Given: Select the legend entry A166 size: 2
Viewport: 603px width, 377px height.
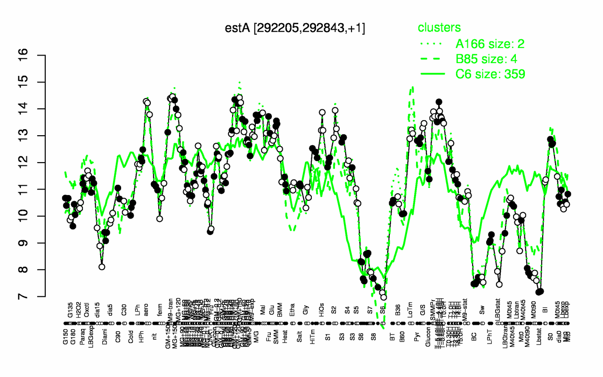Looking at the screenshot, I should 490,44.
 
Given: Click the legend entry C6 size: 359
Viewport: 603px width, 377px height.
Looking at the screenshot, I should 490,74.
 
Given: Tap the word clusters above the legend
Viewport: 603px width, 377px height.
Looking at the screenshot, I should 440,28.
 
